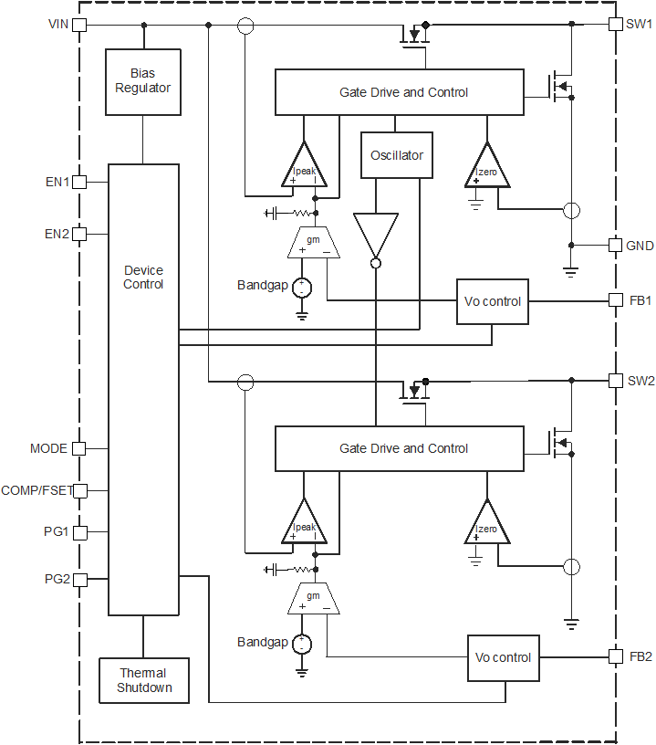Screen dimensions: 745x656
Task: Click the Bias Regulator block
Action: point(143,81)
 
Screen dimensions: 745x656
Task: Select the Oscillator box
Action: point(397,155)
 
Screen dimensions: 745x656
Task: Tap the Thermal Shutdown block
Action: point(143,680)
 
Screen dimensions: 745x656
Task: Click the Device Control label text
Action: point(143,278)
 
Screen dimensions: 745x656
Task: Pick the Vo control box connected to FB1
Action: point(493,301)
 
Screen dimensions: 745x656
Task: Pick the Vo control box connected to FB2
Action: point(504,657)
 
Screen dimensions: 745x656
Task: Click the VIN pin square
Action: point(79,25)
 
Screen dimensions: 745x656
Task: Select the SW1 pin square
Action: point(615,25)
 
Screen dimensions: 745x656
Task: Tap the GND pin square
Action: point(615,246)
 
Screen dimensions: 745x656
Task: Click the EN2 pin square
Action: point(79,234)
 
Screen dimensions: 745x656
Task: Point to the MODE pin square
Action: point(79,448)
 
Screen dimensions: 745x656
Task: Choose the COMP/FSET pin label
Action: point(36,490)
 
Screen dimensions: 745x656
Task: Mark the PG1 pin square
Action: point(79,531)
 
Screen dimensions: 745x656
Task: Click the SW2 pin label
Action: point(640,381)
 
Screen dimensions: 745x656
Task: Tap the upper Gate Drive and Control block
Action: point(400,92)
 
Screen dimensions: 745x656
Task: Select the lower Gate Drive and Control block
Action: point(400,448)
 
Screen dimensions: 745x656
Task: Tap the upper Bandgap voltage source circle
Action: point(301,287)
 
